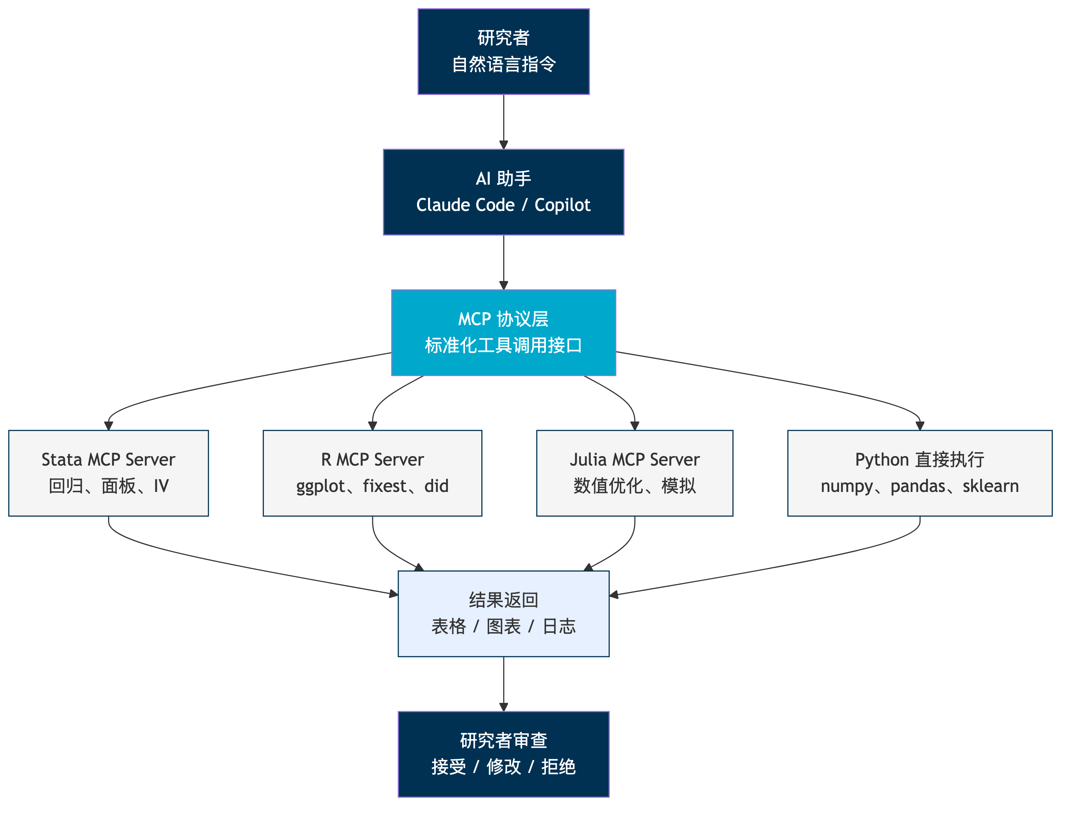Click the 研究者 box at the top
503,51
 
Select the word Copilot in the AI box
562,205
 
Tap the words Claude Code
465,205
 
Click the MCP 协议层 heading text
503,319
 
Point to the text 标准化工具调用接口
503,345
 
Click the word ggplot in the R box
321,486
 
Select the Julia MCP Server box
634,473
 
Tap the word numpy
846,486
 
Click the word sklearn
991,486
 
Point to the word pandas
918,486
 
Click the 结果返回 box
503,614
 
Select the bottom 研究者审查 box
503,754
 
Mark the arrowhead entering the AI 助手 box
504,145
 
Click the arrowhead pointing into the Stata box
109,426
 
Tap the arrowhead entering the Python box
920,426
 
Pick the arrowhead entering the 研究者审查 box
504,707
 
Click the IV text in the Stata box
162,486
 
